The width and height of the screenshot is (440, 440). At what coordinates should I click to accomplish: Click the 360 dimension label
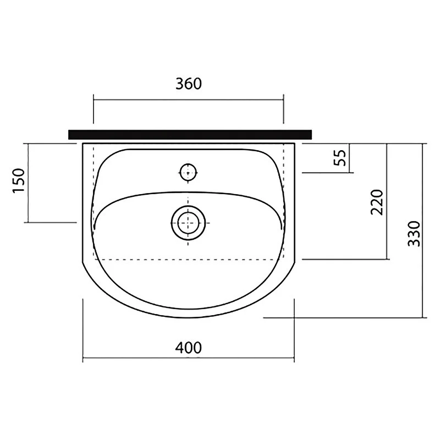(x=189, y=84)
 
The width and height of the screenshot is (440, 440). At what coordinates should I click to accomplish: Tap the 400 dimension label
(x=189, y=348)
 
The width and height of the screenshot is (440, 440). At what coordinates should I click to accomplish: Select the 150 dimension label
(x=19, y=180)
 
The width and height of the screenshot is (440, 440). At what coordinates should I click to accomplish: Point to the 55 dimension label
(x=340, y=158)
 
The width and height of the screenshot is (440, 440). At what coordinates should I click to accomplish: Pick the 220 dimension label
(x=377, y=202)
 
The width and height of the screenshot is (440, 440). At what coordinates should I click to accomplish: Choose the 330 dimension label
(x=414, y=234)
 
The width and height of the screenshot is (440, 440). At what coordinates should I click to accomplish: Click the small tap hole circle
(x=188, y=172)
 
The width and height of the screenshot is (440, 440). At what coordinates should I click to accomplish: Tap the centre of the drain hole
(x=188, y=223)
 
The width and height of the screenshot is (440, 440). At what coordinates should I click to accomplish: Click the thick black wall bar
(x=190, y=134)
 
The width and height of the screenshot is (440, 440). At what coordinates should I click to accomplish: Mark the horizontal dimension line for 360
(x=188, y=100)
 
